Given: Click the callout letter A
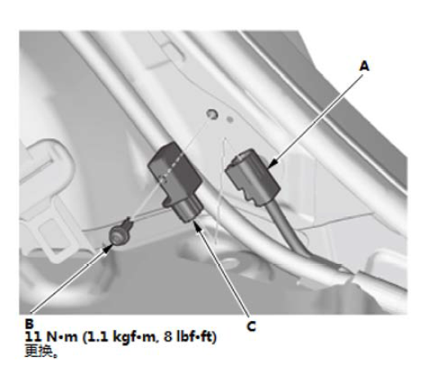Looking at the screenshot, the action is [364, 66].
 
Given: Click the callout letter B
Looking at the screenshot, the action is [29, 324].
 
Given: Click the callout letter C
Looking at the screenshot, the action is [252, 326].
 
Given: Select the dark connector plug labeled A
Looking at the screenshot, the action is [252, 176].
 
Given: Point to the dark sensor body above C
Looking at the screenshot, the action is [175, 172].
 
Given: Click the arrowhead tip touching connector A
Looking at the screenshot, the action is [269, 167].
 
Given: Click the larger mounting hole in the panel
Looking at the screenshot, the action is [212, 114].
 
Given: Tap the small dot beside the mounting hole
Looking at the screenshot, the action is [230, 119].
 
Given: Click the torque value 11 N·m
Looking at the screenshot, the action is [51, 337].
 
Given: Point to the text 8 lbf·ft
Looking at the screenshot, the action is [187, 337].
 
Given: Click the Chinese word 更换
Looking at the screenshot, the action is [38, 351].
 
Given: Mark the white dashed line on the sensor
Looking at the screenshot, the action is [168, 168].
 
